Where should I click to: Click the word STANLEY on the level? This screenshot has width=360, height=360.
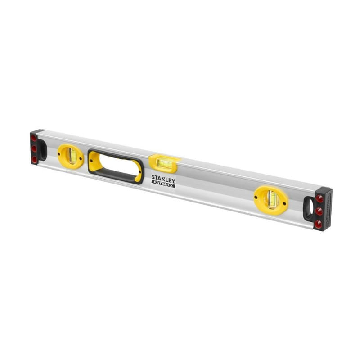163,178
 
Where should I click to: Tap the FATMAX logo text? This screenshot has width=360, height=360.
163,184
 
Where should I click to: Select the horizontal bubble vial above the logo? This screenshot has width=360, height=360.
163,163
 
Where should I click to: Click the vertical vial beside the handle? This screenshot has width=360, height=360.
71,156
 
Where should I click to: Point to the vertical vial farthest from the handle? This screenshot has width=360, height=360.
271,199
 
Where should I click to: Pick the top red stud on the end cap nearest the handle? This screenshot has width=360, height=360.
33,138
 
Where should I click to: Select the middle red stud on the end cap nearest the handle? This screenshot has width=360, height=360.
34,148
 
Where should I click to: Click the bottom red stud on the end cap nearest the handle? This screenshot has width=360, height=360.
34,159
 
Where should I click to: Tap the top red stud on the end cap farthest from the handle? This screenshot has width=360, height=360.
319,198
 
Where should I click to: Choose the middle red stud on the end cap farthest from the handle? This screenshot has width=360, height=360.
319,211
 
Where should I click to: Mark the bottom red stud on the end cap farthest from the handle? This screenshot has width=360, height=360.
319,223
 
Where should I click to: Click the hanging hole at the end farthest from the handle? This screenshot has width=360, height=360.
309,208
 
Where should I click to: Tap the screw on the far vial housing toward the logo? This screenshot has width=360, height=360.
256,196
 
